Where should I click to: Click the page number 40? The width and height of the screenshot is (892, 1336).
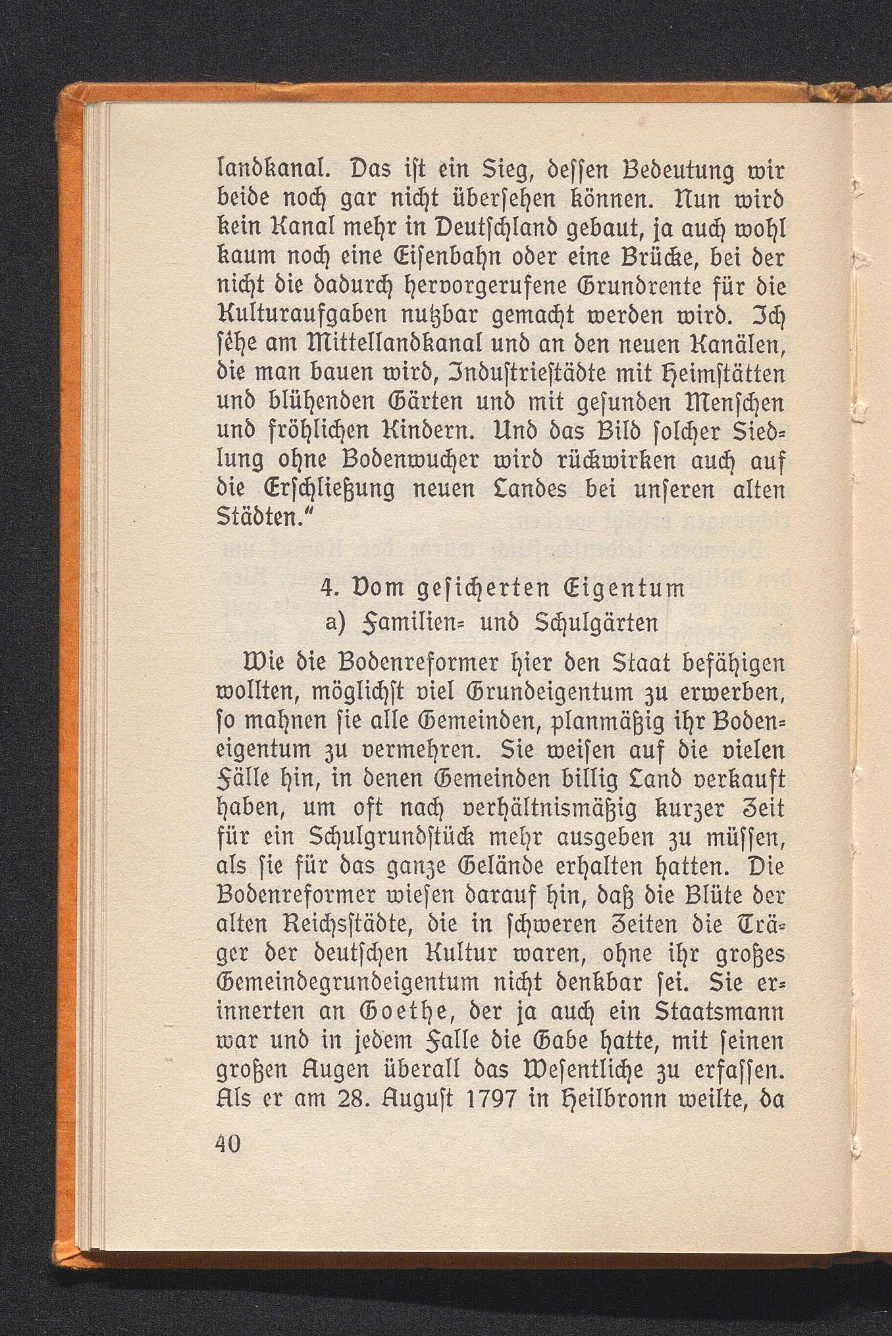pyautogui.click(x=228, y=1143)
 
